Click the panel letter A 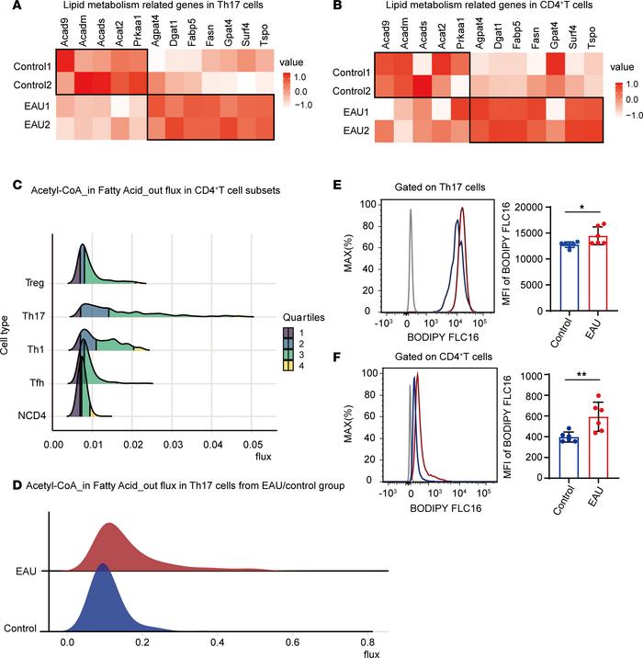6,7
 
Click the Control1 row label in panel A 28,67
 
